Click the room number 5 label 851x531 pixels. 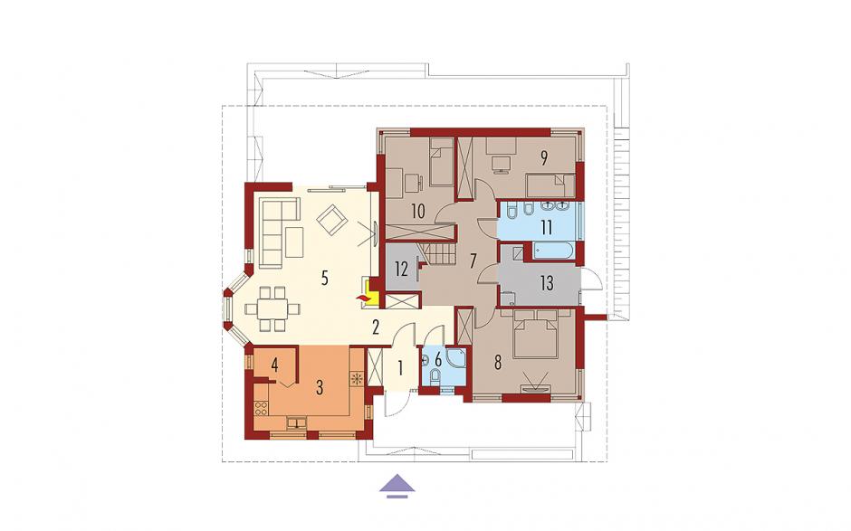pyautogui.click(x=324, y=279)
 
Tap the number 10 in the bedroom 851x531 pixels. pyautogui.click(x=417, y=211)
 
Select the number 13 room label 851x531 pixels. pyautogui.click(x=547, y=282)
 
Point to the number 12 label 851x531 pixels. pyautogui.click(x=401, y=269)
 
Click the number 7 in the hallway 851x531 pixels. pyautogui.click(x=473, y=261)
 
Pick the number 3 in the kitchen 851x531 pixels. pyautogui.click(x=320, y=387)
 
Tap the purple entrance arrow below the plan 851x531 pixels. pyautogui.click(x=397, y=486)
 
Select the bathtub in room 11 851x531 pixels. pyautogui.click(x=554, y=251)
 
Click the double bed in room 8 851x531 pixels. pyautogui.click(x=536, y=333)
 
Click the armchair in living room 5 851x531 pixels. pyautogui.click(x=332, y=219)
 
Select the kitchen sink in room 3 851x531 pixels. pyautogui.click(x=297, y=422)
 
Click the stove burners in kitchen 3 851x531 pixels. pyautogui.click(x=261, y=407)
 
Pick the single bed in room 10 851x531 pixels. pyautogui.click(x=442, y=162)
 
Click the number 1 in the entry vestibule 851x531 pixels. pyautogui.click(x=400, y=368)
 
